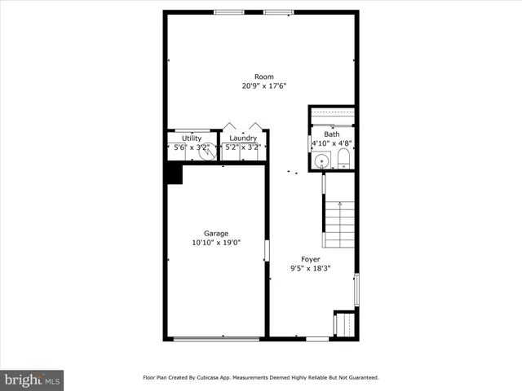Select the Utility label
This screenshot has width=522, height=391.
[x=192, y=138]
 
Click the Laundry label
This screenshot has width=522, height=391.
[x=243, y=138]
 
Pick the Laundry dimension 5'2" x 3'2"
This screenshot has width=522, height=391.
[x=243, y=147]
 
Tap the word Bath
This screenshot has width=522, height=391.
[x=331, y=134]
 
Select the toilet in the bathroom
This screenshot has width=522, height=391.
[x=343, y=158]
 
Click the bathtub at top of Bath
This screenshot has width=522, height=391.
[x=331, y=115]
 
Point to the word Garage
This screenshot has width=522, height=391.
[x=216, y=234]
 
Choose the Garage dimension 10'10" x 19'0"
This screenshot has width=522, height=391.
[x=216, y=243]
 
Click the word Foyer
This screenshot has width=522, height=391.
[x=311, y=260]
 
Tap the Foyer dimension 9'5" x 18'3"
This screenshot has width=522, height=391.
[x=311, y=269]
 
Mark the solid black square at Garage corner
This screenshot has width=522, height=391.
[x=174, y=173]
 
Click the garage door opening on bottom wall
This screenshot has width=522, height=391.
[x=216, y=338]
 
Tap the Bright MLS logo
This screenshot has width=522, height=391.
[x=33, y=379]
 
